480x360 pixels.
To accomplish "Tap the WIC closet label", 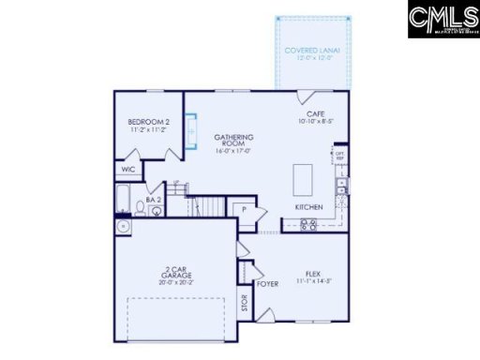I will [x=127, y=171].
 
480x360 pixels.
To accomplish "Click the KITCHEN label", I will [x=308, y=206].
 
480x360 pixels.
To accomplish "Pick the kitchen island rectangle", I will [x=304, y=177].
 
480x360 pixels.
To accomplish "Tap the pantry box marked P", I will [x=243, y=211].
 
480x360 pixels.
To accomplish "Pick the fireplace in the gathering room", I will [x=192, y=130].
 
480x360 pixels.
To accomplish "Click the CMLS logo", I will [x=442, y=20].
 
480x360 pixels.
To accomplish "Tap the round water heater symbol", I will [x=122, y=226].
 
